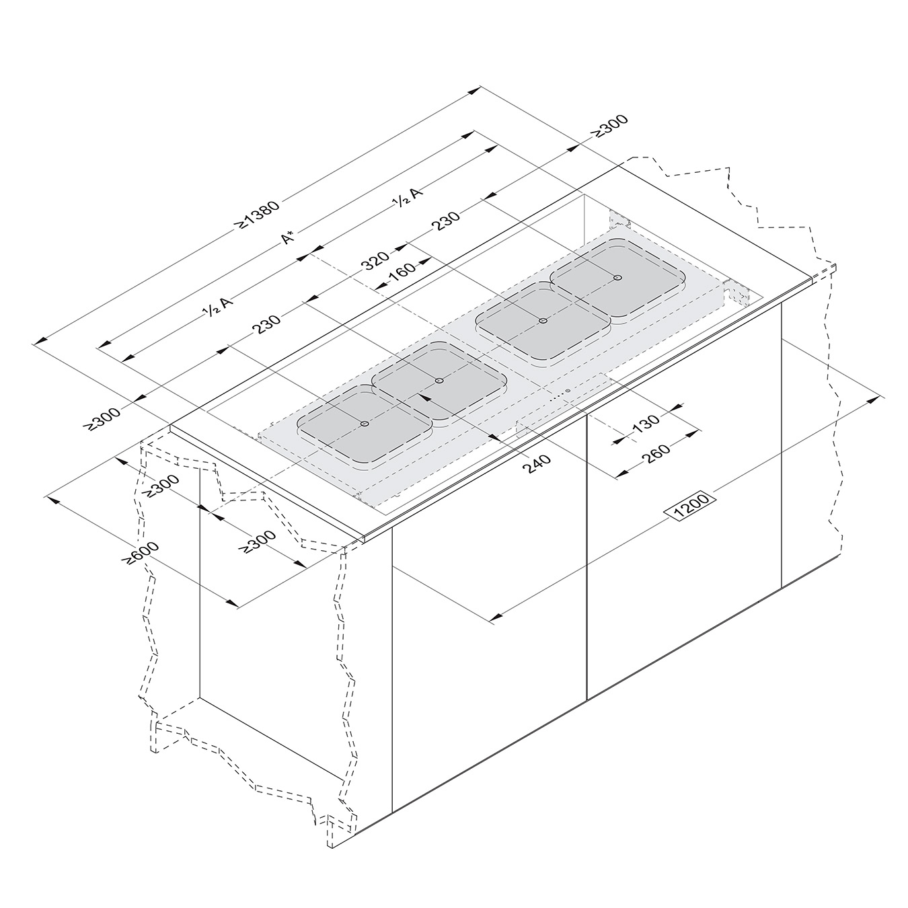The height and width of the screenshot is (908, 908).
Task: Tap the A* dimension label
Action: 290,237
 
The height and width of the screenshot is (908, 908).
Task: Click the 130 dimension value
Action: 645,422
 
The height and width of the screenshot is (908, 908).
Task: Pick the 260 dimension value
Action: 656,453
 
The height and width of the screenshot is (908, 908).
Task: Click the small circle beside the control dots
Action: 568,391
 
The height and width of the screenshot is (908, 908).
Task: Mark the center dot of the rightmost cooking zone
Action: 617,278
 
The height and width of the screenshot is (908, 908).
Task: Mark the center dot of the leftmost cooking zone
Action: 365,424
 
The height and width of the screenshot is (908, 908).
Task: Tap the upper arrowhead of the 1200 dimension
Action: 874,400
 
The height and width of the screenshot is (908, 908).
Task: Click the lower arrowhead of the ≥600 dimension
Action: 231,603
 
